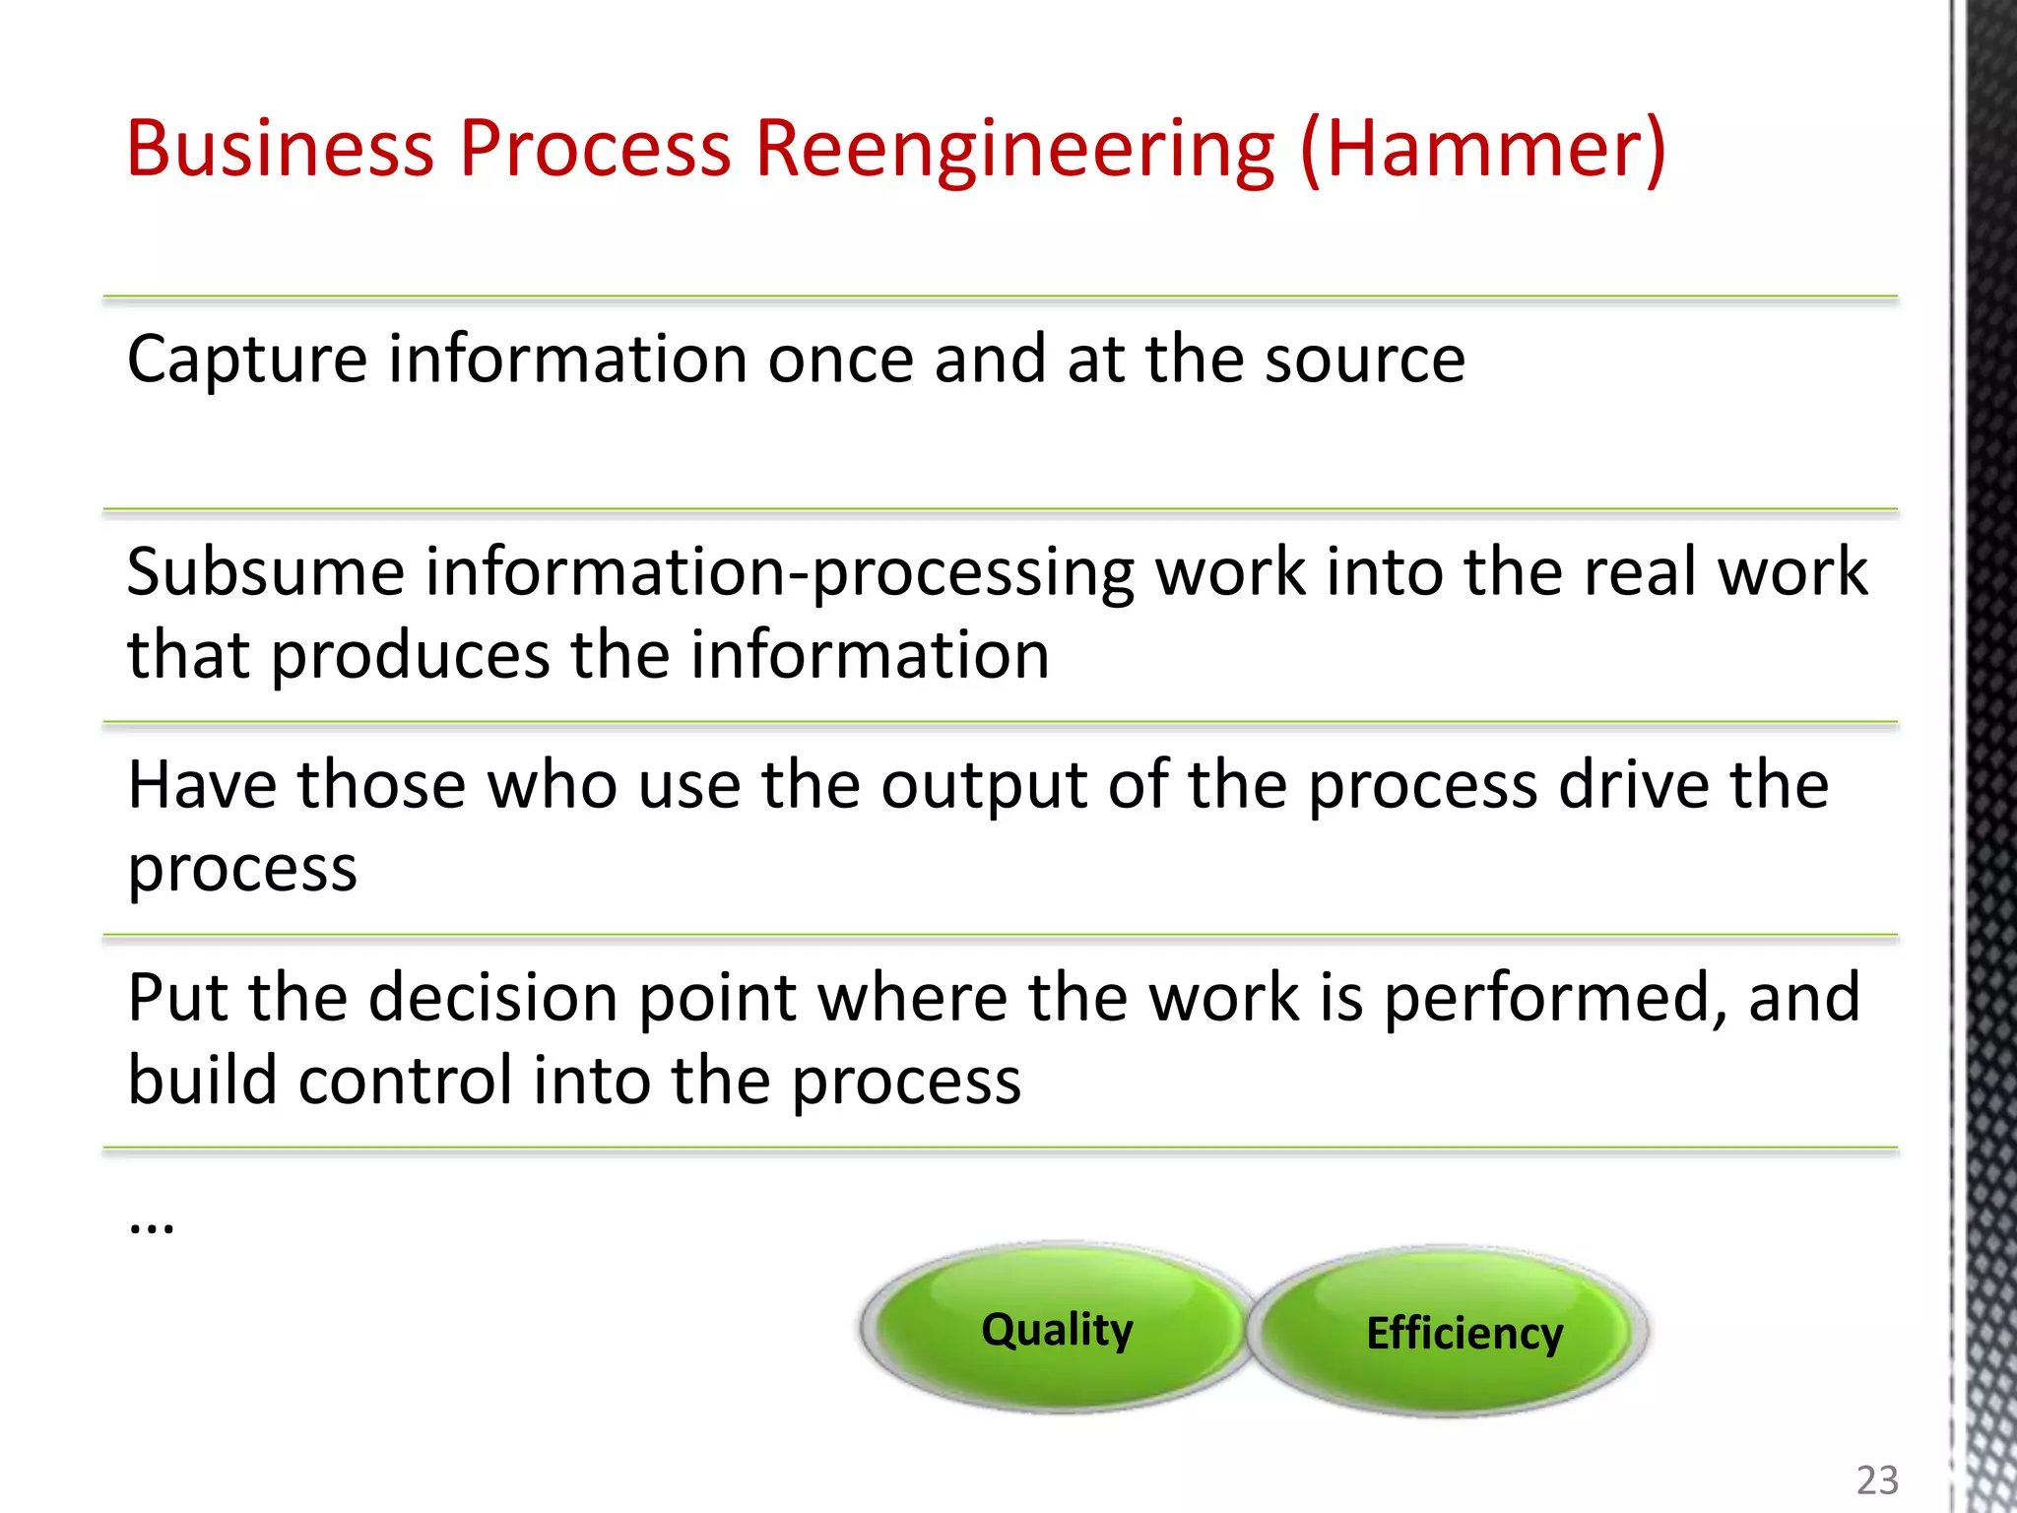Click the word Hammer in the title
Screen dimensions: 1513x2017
1482,150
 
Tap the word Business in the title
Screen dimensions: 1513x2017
281,150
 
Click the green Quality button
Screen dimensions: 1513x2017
1057,1330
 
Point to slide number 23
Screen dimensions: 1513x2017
1877,1480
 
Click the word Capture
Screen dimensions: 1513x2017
247,362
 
